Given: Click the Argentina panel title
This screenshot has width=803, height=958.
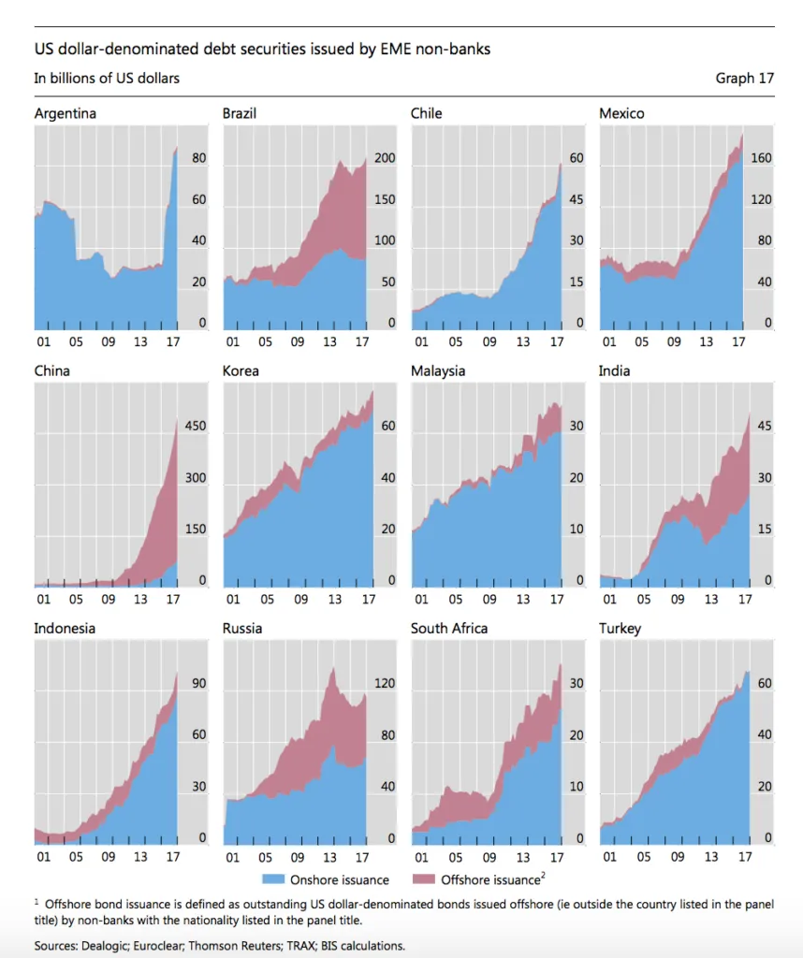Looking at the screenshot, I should (x=66, y=114).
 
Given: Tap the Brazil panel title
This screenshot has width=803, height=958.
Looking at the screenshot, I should (x=240, y=114).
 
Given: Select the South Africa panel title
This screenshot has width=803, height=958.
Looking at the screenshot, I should (x=449, y=629).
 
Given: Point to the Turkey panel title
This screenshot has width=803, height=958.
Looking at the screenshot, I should (x=620, y=629).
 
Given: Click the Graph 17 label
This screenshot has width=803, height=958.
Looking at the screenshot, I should (x=745, y=79).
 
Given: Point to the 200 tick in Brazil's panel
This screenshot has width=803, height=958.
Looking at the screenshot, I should (x=386, y=160).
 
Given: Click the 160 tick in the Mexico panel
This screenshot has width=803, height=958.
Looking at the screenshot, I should (x=761, y=159).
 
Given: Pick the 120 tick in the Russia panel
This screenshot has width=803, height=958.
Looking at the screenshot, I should (x=386, y=684).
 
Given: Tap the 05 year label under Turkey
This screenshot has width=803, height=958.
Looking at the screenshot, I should (x=641, y=857).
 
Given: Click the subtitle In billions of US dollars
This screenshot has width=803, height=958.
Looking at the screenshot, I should (x=107, y=79).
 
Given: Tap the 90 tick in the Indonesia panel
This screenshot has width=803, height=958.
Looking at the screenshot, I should (x=198, y=684).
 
